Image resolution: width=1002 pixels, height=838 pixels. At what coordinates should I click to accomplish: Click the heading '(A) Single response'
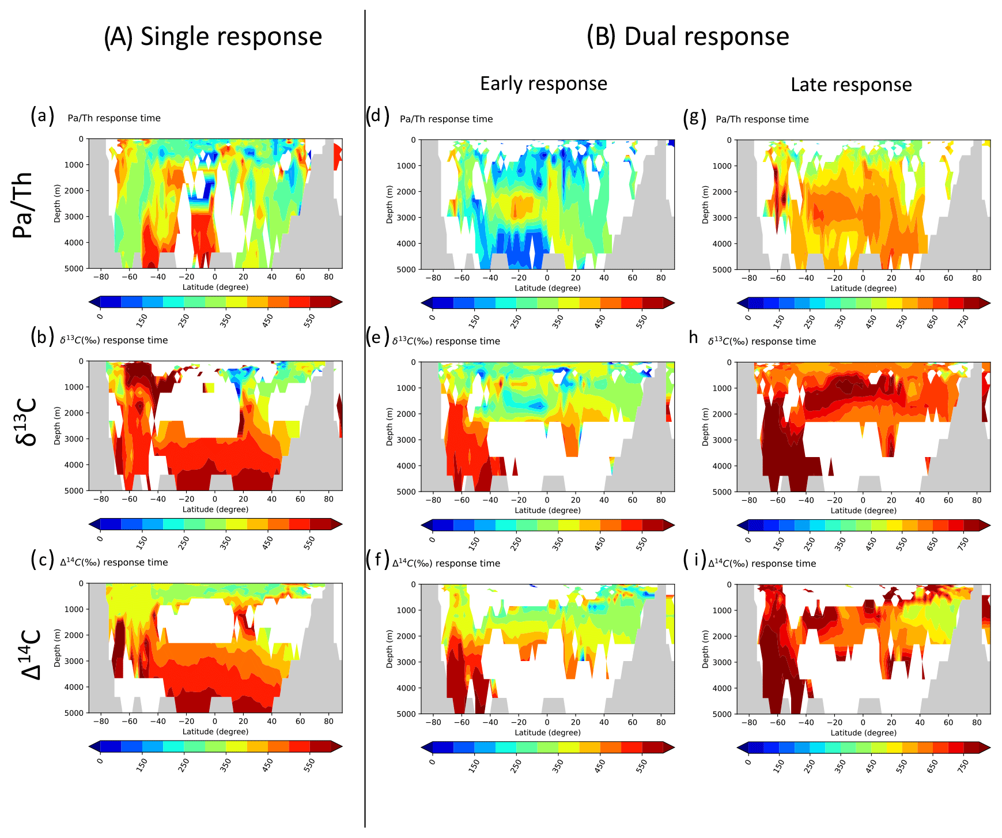pyautogui.click(x=213, y=36)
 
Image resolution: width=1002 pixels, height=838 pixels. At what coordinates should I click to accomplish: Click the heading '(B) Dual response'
pyautogui.click(x=687, y=36)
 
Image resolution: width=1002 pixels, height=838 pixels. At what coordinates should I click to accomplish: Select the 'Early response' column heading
pyautogui.click(x=543, y=84)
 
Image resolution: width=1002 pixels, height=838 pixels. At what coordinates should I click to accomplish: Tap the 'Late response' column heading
pyautogui.click(x=851, y=85)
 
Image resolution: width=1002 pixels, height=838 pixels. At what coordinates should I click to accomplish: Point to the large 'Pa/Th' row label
pyautogui.click(x=23, y=205)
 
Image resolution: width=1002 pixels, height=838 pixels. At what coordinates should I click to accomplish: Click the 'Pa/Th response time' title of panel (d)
pyautogui.click(x=446, y=119)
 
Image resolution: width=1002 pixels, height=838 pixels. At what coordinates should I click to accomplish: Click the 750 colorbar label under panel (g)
pyautogui.click(x=962, y=321)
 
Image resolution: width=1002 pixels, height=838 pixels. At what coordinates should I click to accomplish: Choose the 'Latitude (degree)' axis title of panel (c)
pyautogui.click(x=215, y=732)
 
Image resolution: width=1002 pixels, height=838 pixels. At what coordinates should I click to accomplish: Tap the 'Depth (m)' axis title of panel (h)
pyautogui.click(x=705, y=426)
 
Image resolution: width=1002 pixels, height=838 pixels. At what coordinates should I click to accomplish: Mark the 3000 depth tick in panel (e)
pyautogui.click(x=407, y=440)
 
